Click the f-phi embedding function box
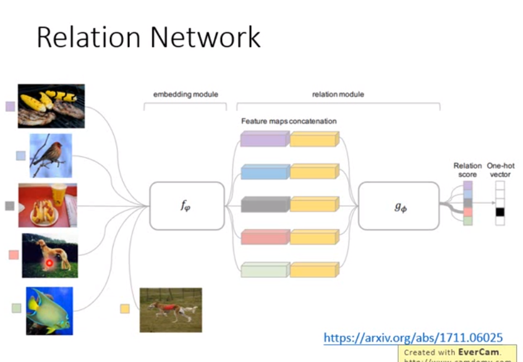(187, 206)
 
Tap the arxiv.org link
(413, 338)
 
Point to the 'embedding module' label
(185, 95)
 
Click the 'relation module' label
(338, 95)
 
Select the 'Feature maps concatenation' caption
(289, 121)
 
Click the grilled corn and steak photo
(51, 106)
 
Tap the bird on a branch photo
(51, 156)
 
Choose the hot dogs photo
(48, 205)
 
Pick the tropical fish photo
(49, 311)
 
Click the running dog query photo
(171, 309)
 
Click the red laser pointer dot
(48, 263)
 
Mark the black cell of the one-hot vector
(500, 212)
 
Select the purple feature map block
(265, 140)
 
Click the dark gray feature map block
(265, 204)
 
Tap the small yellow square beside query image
(125, 308)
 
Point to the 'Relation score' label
(467, 170)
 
